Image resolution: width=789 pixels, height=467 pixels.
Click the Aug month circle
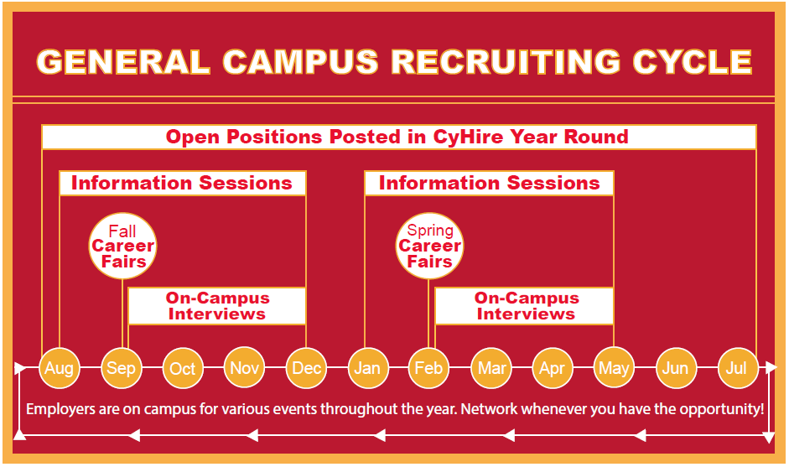coord(60,368)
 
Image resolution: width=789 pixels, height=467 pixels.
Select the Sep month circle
coord(122,368)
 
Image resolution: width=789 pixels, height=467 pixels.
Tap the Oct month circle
coord(183,368)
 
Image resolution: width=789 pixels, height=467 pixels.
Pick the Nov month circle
coord(244,367)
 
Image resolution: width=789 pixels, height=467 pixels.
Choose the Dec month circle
coord(306,368)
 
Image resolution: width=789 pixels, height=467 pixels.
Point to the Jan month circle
coord(368,368)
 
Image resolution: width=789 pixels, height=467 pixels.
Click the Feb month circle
coord(428,368)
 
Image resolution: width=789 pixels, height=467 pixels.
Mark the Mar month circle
coord(491,368)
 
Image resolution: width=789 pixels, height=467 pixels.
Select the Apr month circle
coord(553,368)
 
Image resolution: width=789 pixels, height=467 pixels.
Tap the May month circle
coord(614,368)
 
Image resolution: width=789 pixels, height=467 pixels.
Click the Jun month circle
coord(676,368)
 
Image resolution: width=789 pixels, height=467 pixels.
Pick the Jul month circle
coord(737,368)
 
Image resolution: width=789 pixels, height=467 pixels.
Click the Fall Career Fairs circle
coord(122,246)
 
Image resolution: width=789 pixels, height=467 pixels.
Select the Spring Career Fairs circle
coord(430,246)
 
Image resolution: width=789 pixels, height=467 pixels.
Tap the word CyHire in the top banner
coord(468,137)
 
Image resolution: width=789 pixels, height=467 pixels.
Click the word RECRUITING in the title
coord(506,62)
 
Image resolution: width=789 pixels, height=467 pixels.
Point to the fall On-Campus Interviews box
coord(217,306)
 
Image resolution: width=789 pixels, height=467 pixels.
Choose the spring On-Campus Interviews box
coord(524,306)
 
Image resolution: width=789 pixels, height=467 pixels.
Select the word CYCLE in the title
coord(693,62)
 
